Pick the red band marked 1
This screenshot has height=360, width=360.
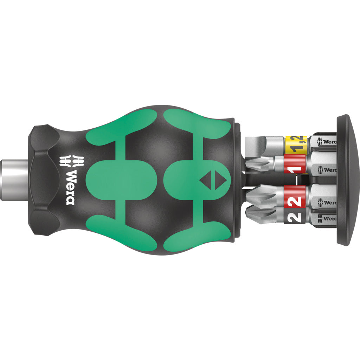pos(295,165)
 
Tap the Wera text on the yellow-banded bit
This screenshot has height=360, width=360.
pos(329,142)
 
